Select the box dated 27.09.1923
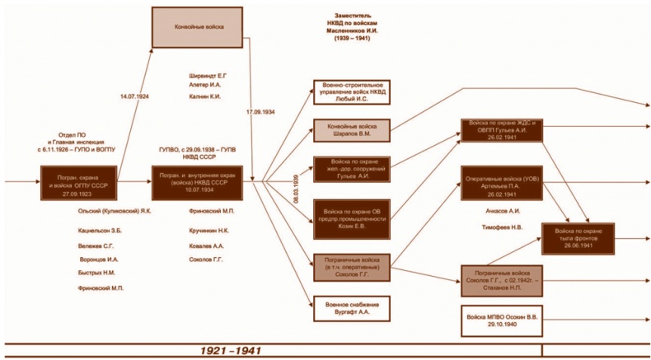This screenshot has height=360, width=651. [75, 181]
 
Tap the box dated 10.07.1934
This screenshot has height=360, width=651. [198, 181]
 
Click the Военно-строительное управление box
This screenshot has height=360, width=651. [350, 91]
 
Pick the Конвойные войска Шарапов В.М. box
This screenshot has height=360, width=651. [350, 129]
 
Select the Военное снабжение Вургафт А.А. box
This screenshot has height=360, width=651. [350, 308]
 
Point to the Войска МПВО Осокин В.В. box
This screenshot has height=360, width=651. [501, 317]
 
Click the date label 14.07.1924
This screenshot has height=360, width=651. [133, 96]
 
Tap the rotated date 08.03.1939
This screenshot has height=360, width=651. [294, 189]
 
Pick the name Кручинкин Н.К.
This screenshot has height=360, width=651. [208, 231]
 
